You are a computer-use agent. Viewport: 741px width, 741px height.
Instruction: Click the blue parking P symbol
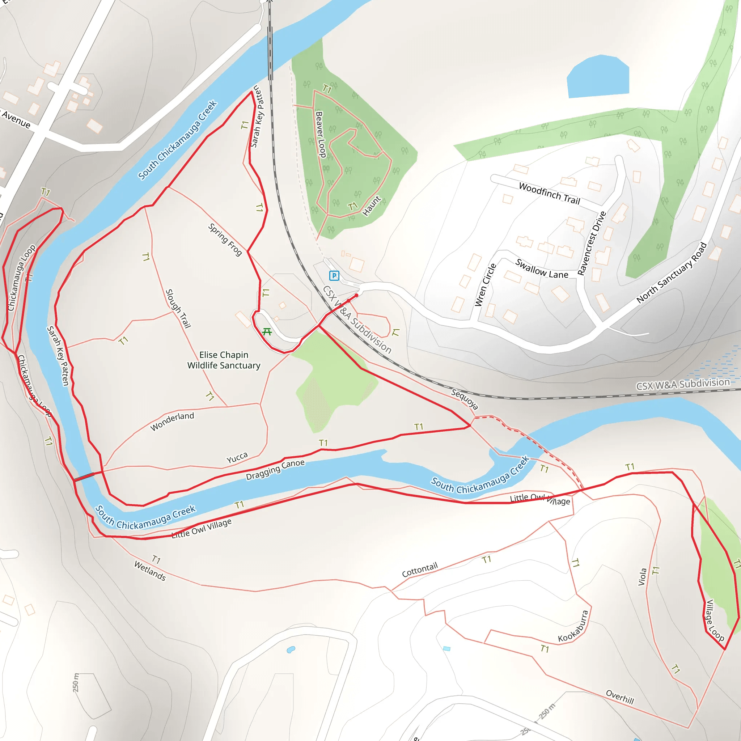click(x=334, y=275)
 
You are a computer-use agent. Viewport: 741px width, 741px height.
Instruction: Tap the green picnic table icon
click(x=267, y=332)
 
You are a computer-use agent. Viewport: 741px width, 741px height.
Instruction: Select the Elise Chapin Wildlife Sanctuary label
click(x=224, y=360)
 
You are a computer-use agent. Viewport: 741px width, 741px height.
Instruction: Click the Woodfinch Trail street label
click(x=549, y=194)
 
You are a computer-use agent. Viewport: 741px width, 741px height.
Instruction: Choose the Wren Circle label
click(x=485, y=285)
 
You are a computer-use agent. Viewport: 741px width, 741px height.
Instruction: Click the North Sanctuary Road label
click(x=671, y=273)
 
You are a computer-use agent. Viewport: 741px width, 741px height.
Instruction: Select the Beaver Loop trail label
click(x=320, y=134)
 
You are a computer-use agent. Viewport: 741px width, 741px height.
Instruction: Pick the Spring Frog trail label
click(x=225, y=240)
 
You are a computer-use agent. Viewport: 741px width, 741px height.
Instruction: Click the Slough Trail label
click(x=178, y=309)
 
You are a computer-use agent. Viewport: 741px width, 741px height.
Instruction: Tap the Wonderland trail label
click(x=172, y=422)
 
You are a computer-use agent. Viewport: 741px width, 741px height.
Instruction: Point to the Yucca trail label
click(x=237, y=458)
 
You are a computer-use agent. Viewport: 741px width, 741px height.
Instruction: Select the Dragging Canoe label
click(x=275, y=469)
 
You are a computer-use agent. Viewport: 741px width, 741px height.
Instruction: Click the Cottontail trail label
click(x=420, y=570)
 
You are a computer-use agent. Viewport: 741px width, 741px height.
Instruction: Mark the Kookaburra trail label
click(x=573, y=626)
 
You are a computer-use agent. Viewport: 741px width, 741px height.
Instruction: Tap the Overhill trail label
click(x=620, y=696)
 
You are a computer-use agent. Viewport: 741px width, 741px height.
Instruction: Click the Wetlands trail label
click(x=150, y=571)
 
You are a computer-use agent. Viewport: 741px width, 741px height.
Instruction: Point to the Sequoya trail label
click(x=465, y=399)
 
